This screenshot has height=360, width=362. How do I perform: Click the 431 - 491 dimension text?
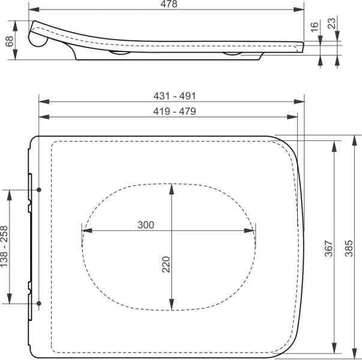tap(175, 96)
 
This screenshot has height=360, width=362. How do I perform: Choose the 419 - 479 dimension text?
tap(175, 112)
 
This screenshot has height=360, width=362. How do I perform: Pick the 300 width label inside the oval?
tap(146, 225)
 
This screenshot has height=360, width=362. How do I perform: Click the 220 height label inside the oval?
tap(166, 264)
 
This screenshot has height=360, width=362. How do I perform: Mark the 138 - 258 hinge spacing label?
tap(5, 247)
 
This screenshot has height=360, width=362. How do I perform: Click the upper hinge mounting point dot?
tap(39, 190)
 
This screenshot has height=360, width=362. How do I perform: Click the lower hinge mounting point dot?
tap(39, 304)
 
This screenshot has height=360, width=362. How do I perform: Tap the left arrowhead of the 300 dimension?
tap(85, 230)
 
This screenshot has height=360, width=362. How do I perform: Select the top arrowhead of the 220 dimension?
tap(172, 187)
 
